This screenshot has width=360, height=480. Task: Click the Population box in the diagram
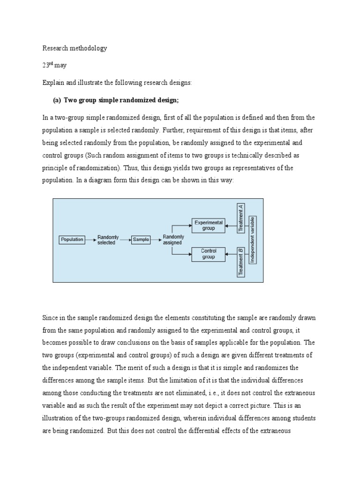[72, 240]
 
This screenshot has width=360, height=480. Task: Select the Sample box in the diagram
[141, 240]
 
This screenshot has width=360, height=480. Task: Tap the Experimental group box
[209, 225]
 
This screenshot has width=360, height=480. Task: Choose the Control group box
[209, 254]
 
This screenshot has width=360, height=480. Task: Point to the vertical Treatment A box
[241, 218]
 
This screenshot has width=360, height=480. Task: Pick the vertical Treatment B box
[241, 262]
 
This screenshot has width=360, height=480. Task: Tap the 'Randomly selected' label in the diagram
[108, 240]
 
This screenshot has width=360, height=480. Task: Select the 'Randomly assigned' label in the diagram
[173, 240]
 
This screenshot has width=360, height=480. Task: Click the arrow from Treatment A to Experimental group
[232, 225]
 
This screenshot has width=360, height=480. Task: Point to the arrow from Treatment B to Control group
[232, 254]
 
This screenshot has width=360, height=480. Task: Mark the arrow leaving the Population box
[90, 240]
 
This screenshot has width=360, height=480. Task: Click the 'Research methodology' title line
[75, 48]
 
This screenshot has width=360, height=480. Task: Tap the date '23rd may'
[54, 65]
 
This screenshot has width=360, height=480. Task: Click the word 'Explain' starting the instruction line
[52, 82]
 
